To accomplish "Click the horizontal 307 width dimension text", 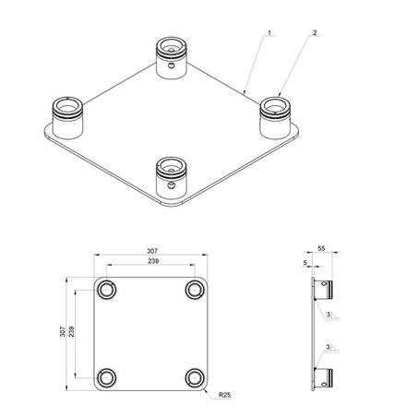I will (153, 249).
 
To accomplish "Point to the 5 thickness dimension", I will (305, 262).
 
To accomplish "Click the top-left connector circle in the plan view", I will (108, 291).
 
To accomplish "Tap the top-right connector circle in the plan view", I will (194, 291).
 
